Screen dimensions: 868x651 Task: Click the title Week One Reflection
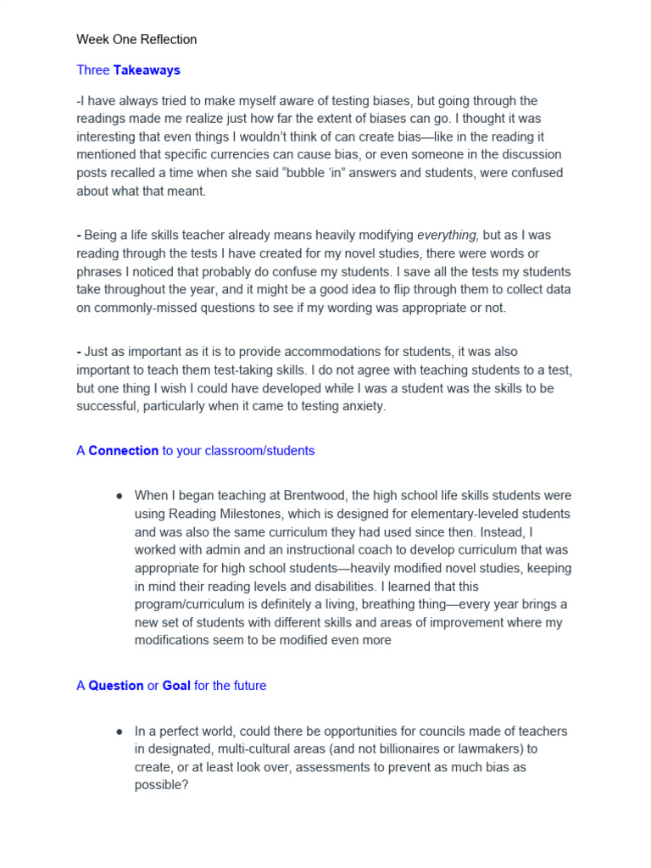pos(136,39)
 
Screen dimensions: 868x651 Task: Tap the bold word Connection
pos(123,451)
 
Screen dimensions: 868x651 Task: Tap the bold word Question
pos(115,686)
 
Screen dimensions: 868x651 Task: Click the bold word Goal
pos(176,686)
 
